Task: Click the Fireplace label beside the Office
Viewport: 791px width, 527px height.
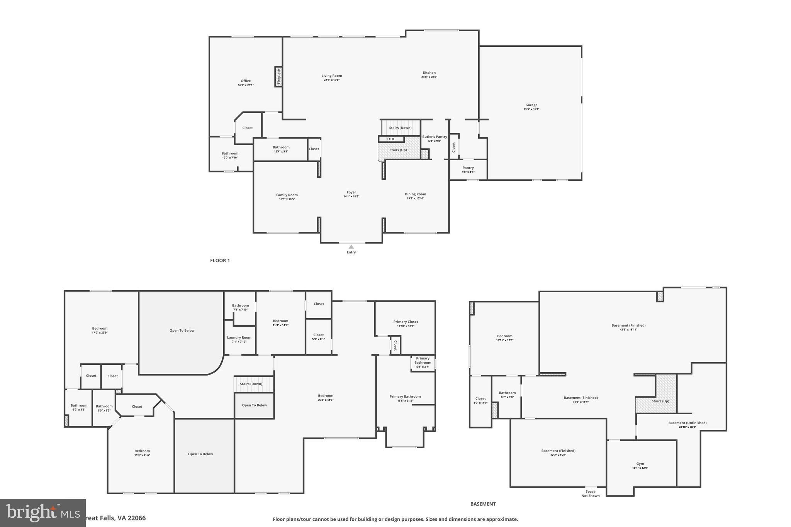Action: point(278,76)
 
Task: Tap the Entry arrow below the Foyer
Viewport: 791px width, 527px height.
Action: point(351,247)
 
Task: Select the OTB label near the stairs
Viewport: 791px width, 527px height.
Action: point(390,139)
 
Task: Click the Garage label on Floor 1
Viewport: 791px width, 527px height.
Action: point(531,105)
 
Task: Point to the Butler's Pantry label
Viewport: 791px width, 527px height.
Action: point(435,137)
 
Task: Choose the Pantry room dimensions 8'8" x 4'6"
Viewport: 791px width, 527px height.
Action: point(468,172)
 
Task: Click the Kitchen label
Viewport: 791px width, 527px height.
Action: point(429,73)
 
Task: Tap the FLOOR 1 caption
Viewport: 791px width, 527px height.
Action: point(220,261)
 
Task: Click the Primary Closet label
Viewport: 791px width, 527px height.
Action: point(406,322)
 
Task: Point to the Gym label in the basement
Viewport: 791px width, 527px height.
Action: point(640,464)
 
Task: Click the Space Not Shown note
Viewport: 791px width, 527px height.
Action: point(591,493)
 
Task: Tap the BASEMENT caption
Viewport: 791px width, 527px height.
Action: point(483,504)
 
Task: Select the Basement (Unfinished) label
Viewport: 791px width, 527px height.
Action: point(687,423)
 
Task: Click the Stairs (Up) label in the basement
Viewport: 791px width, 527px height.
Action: point(660,401)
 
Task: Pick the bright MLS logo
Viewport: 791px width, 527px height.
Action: point(42,513)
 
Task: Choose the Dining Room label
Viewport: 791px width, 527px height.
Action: point(415,194)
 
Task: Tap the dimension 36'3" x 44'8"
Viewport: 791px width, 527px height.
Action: point(325,400)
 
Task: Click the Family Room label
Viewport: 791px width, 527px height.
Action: point(287,195)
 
